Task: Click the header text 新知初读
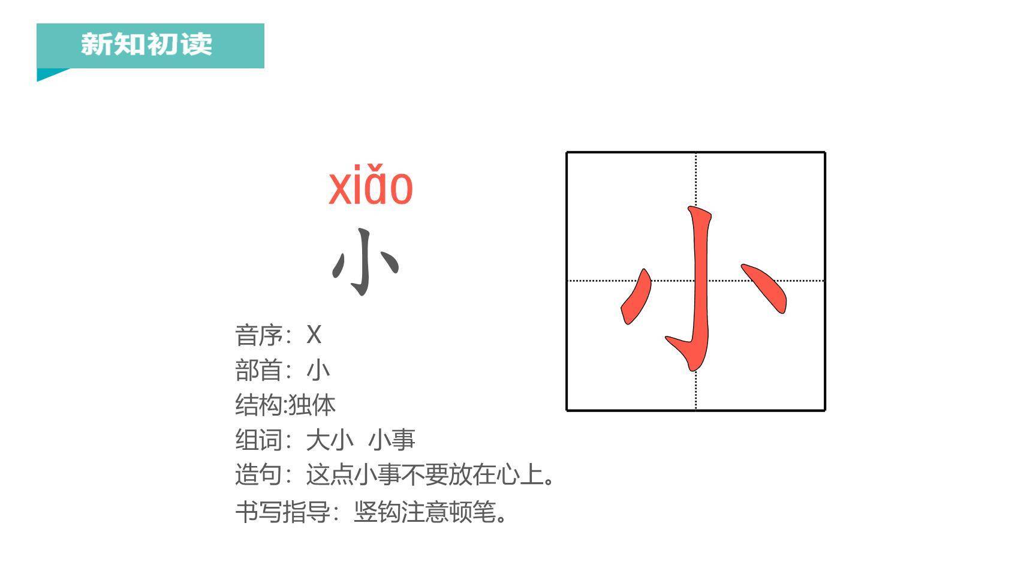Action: pos(146,44)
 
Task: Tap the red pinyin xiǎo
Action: pos(371,187)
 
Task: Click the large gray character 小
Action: pos(365,262)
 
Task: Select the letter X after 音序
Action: pos(314,335)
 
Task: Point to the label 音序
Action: pos(258,335)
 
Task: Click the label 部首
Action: pos(258,370)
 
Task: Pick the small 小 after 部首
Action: pos(318,370)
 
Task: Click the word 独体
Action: pos(312,405)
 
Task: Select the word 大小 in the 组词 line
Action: pos(330,440)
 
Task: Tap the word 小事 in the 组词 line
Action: pos(391,440)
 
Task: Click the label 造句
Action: pos(258,474)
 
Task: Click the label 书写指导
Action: pos(282,512)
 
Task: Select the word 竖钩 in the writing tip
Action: pos(377,512)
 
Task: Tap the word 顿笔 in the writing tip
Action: pos(472,512)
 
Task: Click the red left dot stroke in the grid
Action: pos(636,297)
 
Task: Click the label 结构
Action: pos(258,405)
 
